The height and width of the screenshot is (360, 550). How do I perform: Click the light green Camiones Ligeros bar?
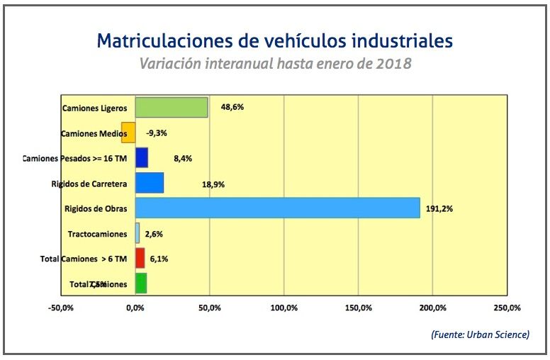pos(172,108)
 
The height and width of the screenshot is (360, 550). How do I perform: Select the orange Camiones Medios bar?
pos(128,133)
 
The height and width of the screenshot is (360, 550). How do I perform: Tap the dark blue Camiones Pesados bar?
pos(141,158)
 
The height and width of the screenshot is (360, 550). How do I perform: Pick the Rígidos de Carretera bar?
pos(149,184)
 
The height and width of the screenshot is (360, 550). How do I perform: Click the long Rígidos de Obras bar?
pos(277,208)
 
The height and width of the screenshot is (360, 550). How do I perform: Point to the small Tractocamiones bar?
pos(137,233)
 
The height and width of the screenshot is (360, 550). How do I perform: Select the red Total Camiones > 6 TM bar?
pos(140,259)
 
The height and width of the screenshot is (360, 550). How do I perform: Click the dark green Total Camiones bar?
pos(140,283)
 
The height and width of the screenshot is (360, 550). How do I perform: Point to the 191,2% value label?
pos(441,209)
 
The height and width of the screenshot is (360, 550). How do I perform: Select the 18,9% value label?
pos(213,184)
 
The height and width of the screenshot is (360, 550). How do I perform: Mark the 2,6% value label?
pos(155,234)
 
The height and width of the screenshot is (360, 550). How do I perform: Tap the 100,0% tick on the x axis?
pos(284,308)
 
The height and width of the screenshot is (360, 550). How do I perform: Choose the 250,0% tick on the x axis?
pos(507,308)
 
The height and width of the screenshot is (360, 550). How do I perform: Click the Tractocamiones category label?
pos(97,234)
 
